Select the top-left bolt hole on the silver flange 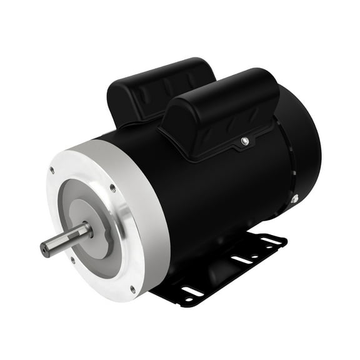coord(52,170)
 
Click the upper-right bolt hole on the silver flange coord(112,187)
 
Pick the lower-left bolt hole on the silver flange coord(73,261)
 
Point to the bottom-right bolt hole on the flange coord(132,288)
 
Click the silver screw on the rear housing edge coord(294,199)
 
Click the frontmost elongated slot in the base coord(192,291)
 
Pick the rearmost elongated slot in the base coord(271,240)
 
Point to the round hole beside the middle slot coord(253,255)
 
